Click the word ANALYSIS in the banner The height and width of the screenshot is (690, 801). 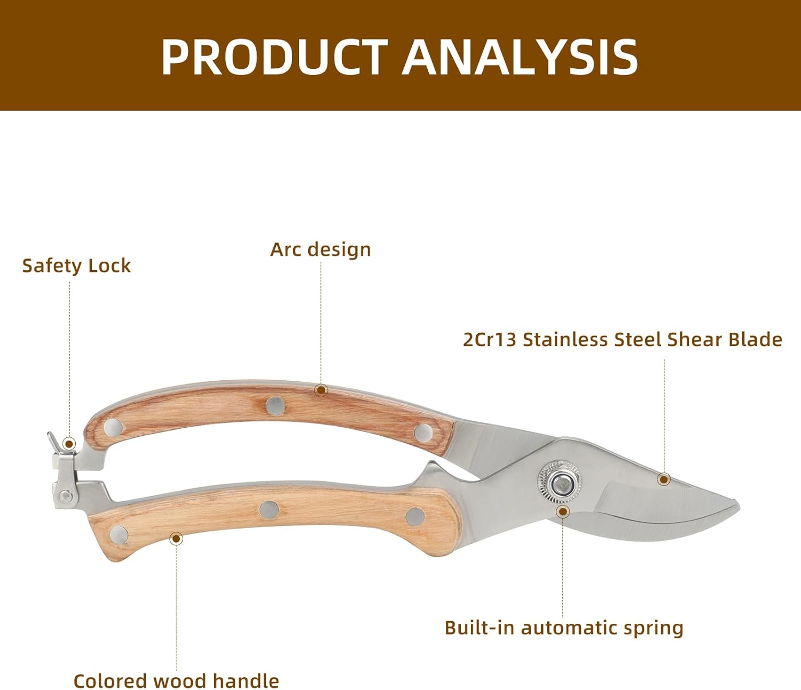pyautogui.click(x=520, y=57)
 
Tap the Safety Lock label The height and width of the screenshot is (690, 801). pyautogui.click(x=76, y=265)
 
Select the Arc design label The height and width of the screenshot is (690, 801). pyautogui.click(x=320, y=249)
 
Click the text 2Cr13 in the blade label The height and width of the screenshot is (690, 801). pyautogui.click(x=489, y=340)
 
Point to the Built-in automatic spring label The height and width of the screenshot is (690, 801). pyautogui.click(x=564, y=628)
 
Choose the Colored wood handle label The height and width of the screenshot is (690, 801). pyautogui.click(x=176, y=681)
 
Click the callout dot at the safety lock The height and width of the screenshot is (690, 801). pyautogui.click(x=69, y=443)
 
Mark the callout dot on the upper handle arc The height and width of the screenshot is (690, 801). pyautogui.click(x=320, y=390)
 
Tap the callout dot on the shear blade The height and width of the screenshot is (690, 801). pyautogui.click(x=664, y=479)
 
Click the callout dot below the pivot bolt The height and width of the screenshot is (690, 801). pyautogui.click(x=562, y=512)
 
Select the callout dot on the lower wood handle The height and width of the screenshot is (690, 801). pyautogui.click(x=176, y=538)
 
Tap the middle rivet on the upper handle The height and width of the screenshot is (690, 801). pyautogui.click(x=275, y=405)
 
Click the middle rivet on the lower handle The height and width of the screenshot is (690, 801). pyautogui.click(x=269, y=509)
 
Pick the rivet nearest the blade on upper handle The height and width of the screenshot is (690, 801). pyautogui.click(x=423, y=432)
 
